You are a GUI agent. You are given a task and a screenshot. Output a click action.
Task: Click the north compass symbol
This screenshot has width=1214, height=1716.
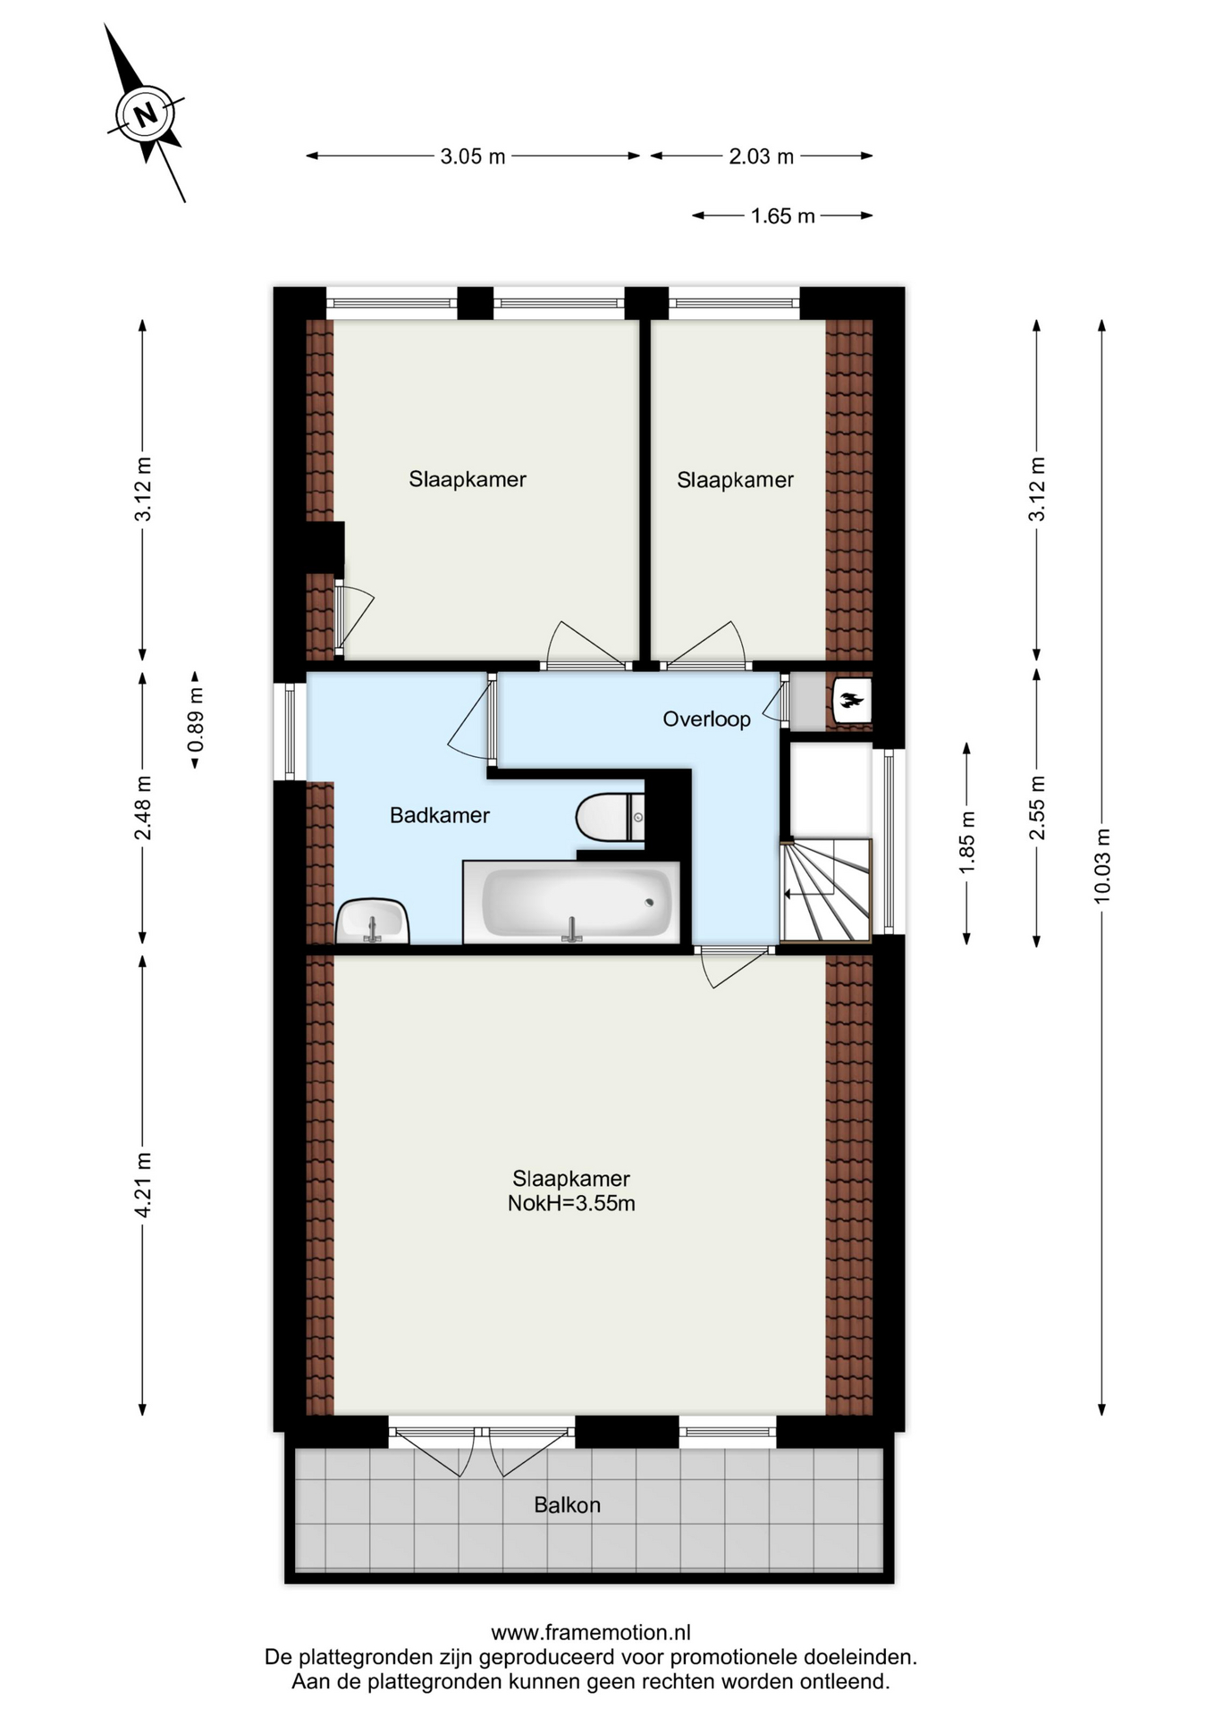pos(145,114)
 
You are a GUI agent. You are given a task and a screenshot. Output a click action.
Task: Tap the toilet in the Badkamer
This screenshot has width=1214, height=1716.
pos(611,817)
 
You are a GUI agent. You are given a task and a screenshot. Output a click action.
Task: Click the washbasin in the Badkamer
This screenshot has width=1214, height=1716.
pos(373,921)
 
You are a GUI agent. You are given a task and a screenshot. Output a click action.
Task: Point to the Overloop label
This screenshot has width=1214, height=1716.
pos(706,719)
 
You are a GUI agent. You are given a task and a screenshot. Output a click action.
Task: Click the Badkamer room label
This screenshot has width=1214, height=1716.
pos(440,815)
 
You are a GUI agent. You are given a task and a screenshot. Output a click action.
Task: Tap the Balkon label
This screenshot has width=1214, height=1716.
pos(568,1505)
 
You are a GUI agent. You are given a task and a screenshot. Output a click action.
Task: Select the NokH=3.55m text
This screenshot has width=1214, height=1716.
pos(571,1203)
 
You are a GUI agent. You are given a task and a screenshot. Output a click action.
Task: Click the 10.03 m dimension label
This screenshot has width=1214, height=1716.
pos(1101,866)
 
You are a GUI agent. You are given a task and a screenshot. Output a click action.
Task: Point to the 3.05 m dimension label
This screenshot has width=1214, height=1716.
pos(473,156)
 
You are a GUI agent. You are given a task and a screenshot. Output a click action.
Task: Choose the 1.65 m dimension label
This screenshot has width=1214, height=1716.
pos(783,216)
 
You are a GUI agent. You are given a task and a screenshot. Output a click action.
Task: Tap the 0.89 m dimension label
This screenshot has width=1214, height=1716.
pos(195,720)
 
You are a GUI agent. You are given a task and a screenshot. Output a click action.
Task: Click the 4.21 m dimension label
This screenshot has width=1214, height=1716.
pos(142,1184)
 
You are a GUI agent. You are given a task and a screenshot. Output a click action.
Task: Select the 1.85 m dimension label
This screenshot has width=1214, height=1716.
pos(966,843)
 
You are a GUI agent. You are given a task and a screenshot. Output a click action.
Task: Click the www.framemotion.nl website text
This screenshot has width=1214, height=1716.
pos(591,1633)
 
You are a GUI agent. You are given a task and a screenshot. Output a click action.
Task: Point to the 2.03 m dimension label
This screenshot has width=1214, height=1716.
pos(762,156)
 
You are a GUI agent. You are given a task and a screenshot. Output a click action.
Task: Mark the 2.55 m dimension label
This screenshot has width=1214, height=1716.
pos(1037,808)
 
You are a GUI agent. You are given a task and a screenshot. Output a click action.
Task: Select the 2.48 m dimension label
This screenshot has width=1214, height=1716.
pos(142,808)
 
